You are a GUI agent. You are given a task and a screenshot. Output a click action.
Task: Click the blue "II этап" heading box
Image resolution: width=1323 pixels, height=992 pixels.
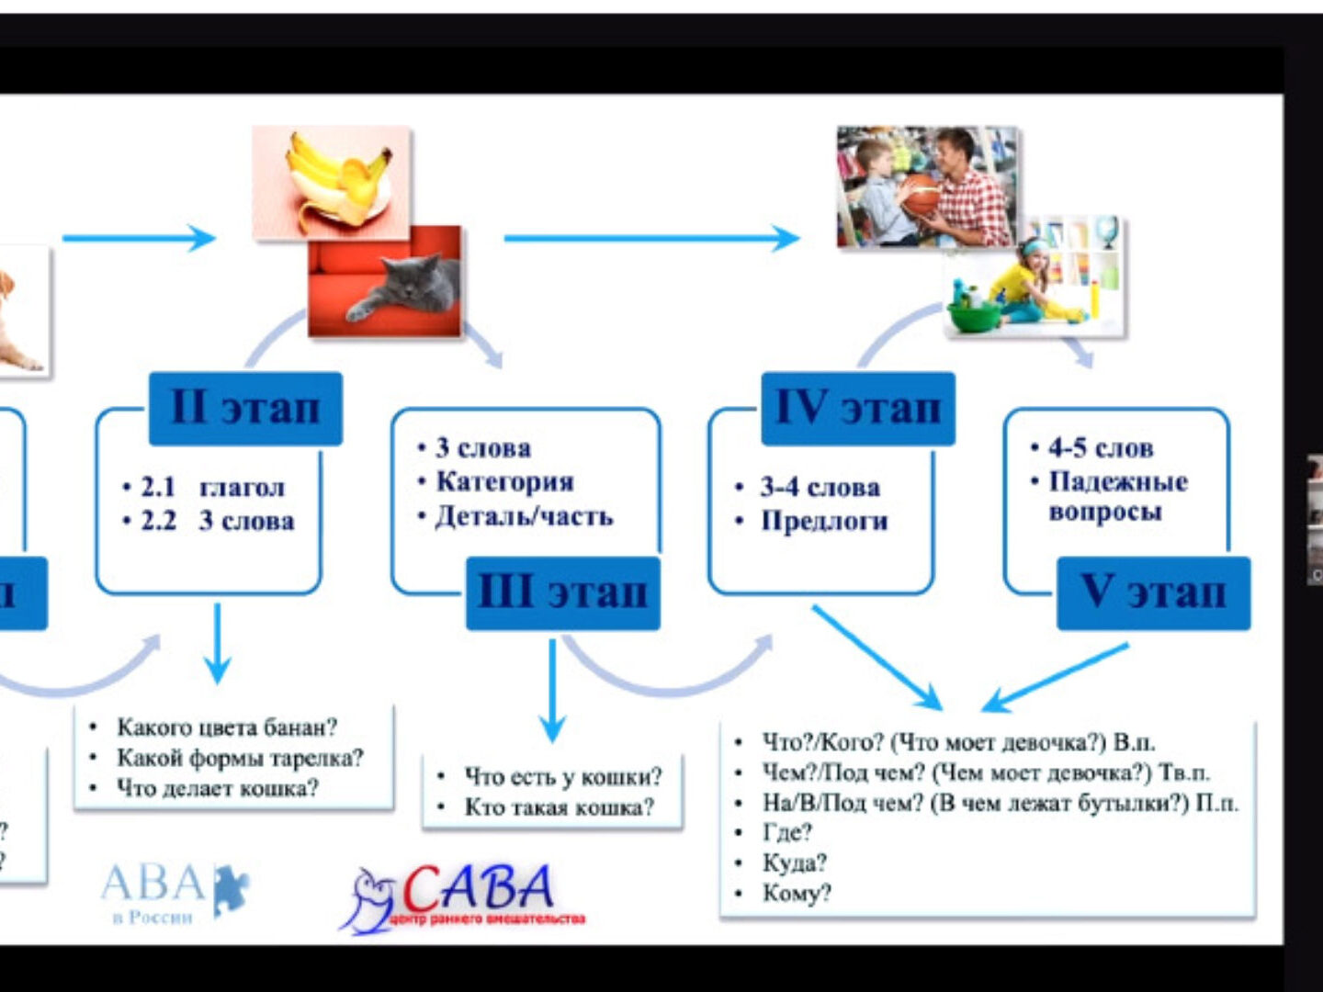245,408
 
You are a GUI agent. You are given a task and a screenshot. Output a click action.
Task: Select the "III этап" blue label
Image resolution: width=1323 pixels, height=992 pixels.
562,592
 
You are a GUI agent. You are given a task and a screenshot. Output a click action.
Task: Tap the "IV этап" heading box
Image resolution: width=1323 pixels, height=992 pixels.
858,408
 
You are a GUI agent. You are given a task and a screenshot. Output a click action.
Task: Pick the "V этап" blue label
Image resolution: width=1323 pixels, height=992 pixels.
1153,592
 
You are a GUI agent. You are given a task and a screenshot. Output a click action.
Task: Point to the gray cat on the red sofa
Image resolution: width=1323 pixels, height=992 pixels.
404,285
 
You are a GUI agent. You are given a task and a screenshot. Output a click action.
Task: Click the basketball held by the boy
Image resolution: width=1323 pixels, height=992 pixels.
920,196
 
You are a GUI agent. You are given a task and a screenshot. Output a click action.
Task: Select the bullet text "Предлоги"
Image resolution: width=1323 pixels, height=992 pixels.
824,522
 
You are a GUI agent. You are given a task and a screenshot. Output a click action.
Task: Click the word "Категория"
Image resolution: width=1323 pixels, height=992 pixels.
504,481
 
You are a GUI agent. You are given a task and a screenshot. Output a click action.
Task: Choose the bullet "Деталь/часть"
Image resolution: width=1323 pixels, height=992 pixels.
524,516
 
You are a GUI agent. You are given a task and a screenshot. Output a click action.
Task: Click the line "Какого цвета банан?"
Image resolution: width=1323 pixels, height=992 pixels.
226,727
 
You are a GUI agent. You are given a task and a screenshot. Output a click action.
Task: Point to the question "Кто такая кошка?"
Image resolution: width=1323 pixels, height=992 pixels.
559,807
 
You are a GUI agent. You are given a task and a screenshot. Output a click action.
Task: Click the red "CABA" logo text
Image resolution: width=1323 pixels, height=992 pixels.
478,888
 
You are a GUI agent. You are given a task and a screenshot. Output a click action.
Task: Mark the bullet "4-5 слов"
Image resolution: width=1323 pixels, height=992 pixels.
1100,448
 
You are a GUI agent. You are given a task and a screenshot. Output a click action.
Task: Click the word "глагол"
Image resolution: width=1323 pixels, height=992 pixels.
243,487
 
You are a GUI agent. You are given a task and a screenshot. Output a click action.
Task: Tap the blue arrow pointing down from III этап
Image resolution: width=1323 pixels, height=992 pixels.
552,689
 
